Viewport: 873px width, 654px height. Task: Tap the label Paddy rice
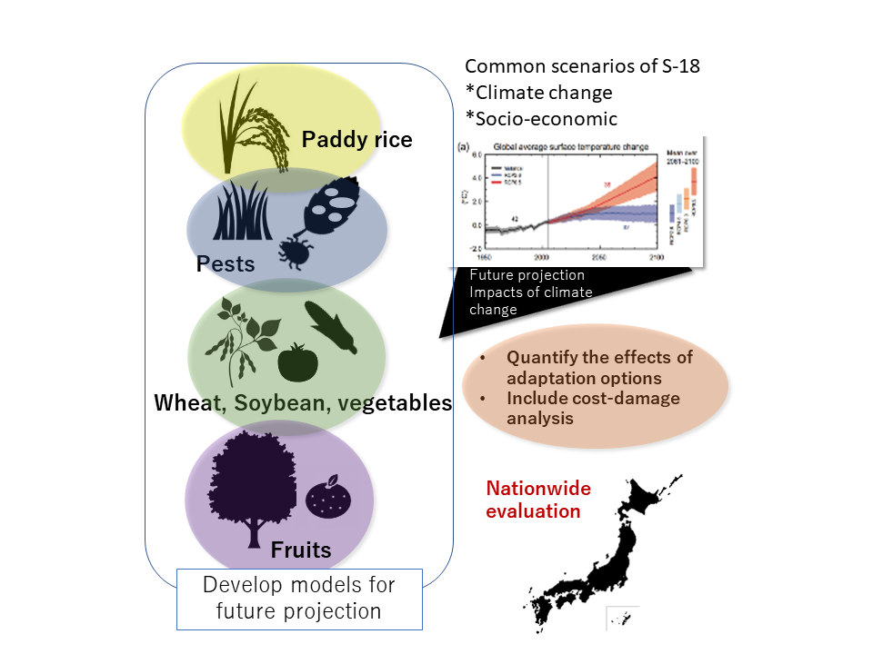[x=356, y=139]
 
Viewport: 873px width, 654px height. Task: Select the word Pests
[x=226, y=264]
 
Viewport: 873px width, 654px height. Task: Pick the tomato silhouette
[x=296, y=362]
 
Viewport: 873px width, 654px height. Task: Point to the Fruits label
[x=300, y=550]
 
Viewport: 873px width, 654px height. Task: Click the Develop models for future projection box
[x=299, y=599]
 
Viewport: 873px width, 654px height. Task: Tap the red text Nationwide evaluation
[x=538, y=500]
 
